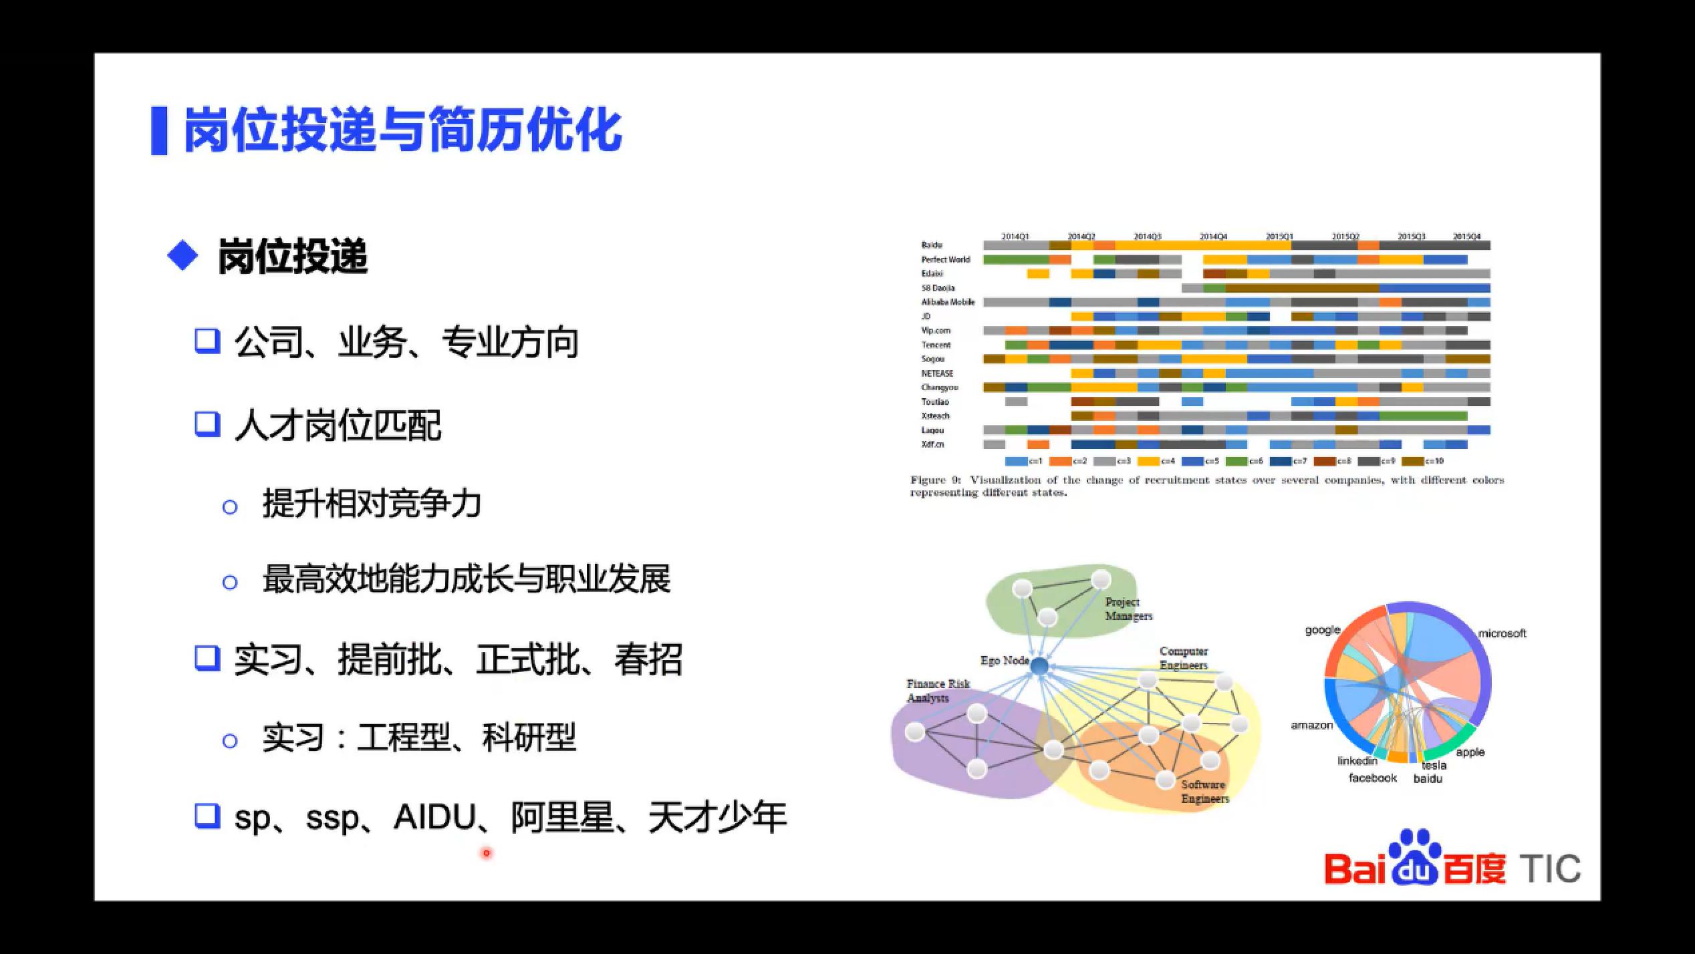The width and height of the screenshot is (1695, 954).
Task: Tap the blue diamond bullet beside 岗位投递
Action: click(182, 256)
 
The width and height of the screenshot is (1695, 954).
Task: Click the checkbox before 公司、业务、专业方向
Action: click(207, 341)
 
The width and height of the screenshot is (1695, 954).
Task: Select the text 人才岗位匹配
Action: click(338, 425)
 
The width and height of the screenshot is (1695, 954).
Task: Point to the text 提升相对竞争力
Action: click(372, 504)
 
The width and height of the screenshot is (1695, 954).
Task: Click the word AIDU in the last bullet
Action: click(434, 816)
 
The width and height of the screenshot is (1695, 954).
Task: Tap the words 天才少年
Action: click(717, 816)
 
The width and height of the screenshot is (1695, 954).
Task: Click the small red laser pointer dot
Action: click(486, 853)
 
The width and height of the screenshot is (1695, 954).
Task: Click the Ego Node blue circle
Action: click(1039, 666)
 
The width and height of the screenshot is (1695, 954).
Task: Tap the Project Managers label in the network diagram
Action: click(1128, 609)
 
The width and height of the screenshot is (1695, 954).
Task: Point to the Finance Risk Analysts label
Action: click(937, 691)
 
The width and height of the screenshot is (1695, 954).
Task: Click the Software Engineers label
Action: click(1204, 792)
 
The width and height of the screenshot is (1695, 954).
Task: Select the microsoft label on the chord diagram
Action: click(1502, 633)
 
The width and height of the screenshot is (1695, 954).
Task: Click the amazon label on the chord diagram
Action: click(1311, 725)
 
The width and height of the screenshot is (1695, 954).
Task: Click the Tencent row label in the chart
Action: click(936, 345)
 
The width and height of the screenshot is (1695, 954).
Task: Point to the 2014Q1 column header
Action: click(1015, 236)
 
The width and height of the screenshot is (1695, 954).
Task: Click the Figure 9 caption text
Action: click(1206, 486)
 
